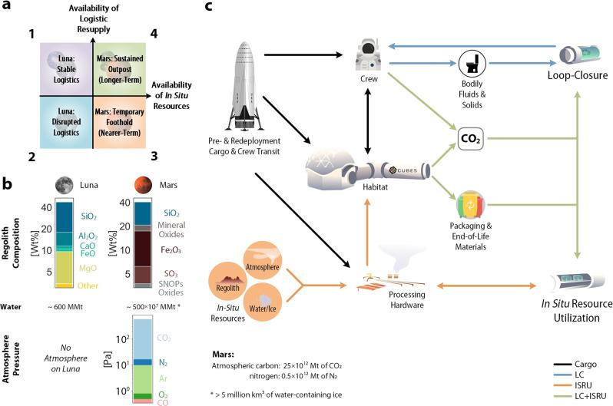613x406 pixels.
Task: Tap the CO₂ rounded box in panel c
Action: pos(469,140)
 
